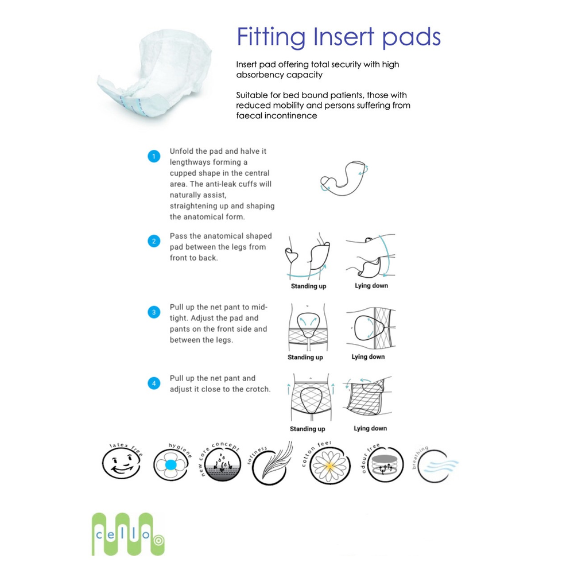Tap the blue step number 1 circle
coord(153,156)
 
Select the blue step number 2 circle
coord(153,241)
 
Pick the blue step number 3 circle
coord(153,313)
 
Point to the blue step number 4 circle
coord(153,384)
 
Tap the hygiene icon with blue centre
coord(171,466)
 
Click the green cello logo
coord(123,534)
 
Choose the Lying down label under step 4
coord(370,428)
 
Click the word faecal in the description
coord(250,115)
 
